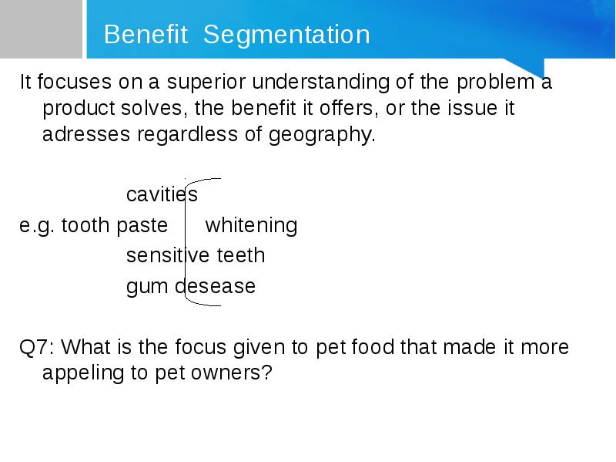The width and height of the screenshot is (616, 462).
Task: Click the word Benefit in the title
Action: tap(146, 34)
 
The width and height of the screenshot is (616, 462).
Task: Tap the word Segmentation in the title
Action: tap(286, 35)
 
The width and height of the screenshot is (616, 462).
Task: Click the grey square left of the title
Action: tap(42, 29)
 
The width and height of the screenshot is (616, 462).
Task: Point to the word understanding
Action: tap(320, 83)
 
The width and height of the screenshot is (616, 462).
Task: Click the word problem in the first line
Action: tap(495, 83)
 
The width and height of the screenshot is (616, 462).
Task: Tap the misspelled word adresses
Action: tap(86, 134)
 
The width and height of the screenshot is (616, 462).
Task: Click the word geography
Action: tap(322, 135)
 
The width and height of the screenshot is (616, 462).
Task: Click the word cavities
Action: tap(162, 194)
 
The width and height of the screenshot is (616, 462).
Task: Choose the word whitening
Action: tap(252, 226)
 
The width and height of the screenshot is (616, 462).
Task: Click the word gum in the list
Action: tap(147, 287)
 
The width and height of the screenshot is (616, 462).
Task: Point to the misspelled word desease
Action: tap(215, 286)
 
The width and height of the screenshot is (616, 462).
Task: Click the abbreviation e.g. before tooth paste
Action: tap(36, 226)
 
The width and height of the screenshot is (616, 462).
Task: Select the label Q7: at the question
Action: tap(37, 348)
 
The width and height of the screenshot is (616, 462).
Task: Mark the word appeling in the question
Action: tap(83, 373)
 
